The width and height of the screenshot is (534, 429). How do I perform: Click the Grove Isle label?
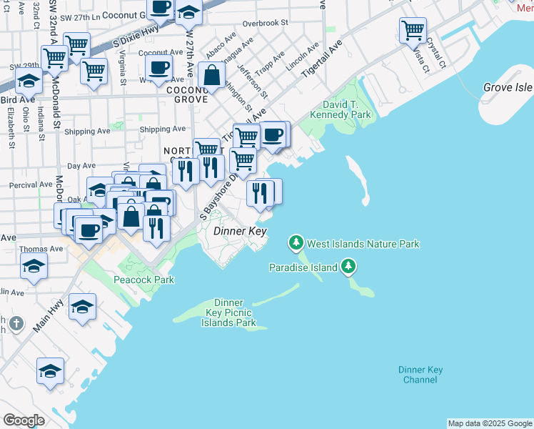coord(508,87)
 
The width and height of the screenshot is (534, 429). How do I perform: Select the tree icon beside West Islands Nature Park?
coord(296,244)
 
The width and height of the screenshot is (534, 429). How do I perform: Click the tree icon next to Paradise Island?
coord(348,267)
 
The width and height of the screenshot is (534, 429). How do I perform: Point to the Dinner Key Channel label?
coord(420,375)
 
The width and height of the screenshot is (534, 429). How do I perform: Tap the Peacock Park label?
coord(143,280)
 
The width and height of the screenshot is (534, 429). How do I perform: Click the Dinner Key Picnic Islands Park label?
coord(228,313)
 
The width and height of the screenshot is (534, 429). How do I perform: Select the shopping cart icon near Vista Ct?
coord(413,30)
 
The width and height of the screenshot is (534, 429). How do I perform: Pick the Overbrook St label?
coord(265,23)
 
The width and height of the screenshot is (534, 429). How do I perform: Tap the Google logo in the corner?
coord(24,420)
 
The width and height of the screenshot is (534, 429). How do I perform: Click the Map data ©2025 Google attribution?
coord(490,423)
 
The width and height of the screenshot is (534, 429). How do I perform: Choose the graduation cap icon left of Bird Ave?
coord(28,80)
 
